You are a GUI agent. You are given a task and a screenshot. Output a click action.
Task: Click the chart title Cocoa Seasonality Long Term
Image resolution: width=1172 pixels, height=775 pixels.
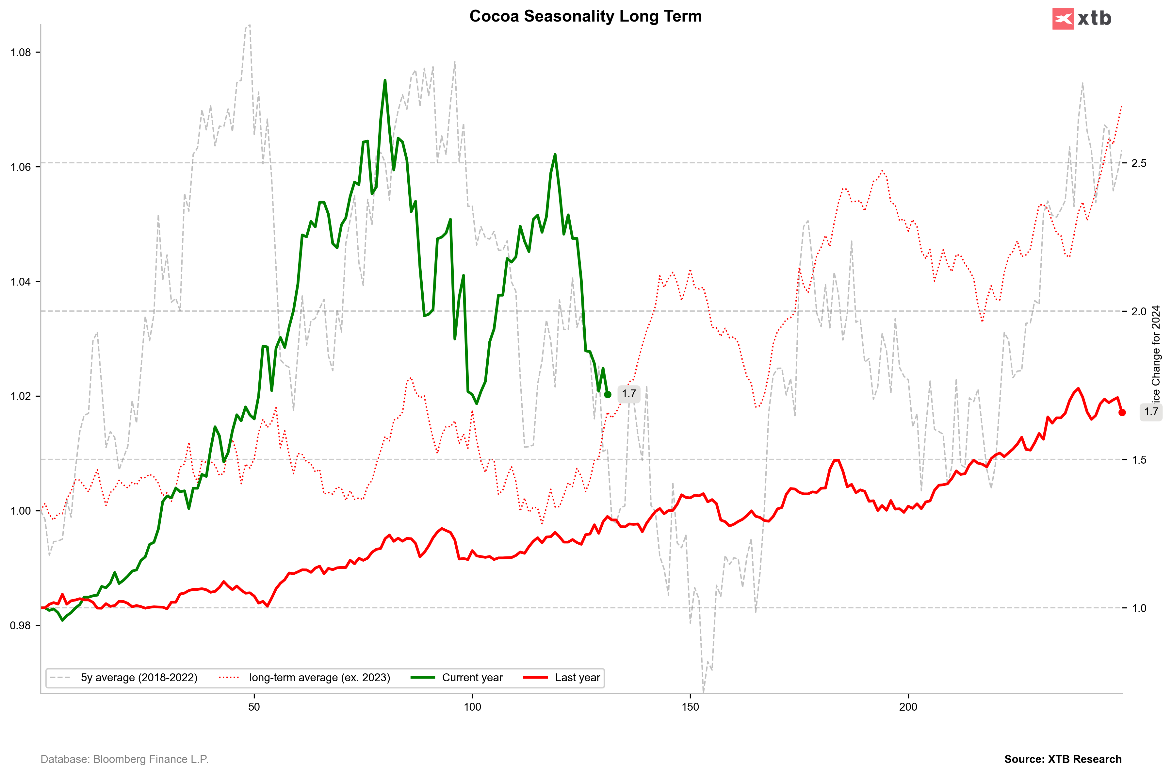click(585, 16)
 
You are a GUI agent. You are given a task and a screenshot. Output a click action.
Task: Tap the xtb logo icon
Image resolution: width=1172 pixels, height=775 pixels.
click(1063, 19)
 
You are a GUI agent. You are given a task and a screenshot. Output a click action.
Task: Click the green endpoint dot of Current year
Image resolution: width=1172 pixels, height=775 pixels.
click(608, 394)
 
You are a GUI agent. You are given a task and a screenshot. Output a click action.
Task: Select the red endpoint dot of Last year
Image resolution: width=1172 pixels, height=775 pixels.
click(1122, 412)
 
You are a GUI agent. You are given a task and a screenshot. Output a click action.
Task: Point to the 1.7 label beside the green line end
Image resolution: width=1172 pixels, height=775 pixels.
click(629, 394)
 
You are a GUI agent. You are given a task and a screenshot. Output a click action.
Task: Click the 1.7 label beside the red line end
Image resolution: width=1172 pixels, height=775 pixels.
click(1151, 412)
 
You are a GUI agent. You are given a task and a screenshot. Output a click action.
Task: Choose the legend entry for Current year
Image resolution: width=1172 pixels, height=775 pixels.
click(472, 678)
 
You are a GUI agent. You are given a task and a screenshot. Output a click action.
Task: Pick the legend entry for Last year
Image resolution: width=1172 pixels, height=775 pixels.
click(577, 678)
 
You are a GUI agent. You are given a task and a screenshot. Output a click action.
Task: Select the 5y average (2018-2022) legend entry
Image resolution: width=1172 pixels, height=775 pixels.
click(139, 678)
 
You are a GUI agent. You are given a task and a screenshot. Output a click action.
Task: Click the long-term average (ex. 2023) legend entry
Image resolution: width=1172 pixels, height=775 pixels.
click(319, 678)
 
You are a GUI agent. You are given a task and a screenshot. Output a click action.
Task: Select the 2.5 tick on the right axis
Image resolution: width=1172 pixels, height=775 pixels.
click(1139, 163)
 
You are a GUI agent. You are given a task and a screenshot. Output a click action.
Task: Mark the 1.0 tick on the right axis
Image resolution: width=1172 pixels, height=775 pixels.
click(1139, 608)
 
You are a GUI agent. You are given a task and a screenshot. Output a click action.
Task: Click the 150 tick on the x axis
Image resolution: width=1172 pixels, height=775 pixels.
click(690, 707)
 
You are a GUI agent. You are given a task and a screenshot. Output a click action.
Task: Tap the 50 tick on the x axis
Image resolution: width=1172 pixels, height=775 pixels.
click(254, 707)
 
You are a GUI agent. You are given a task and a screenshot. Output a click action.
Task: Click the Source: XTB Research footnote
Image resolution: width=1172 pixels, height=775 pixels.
click(1063, 759)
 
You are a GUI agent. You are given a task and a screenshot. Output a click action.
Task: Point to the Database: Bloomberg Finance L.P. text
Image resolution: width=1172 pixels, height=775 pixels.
click(124, 759)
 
